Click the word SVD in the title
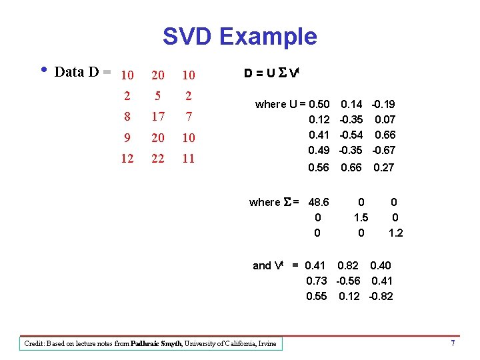(x=189, y=36)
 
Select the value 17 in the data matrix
(x=158, y=117)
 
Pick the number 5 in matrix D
(x=158, y=96)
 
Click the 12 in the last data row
(x=127, y=158)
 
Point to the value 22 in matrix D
(x=158, y=158)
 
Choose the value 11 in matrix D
(x=189, y=158)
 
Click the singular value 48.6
(x=318, y=202)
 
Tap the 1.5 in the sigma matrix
(x=361, y=217)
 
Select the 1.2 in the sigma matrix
(x=395, y=233)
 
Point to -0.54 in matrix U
(x=351, y=135)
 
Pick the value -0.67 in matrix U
(x=383, y=149)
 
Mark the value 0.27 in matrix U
(x=383, y=168)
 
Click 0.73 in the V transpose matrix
(x=317, y=281)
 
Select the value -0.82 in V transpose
(x=381, y=296)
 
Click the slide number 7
(x=453, y=343)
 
